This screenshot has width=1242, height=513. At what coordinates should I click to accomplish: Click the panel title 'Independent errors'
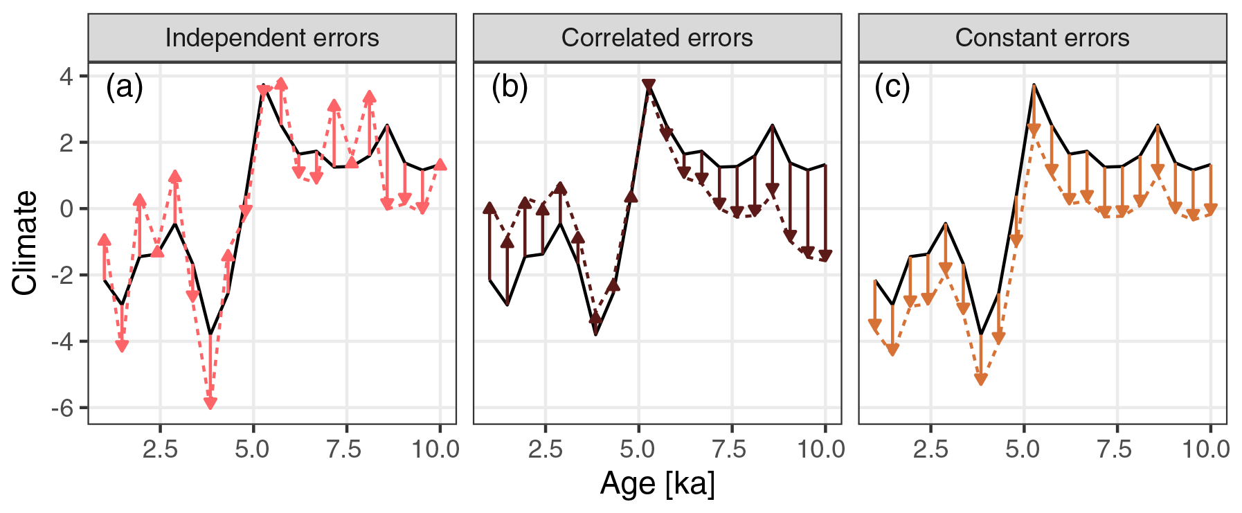tap(272, 37)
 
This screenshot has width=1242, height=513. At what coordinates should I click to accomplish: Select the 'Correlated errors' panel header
tap(657, 37)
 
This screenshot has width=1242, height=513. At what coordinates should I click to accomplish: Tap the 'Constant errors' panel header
tap(1042, 37)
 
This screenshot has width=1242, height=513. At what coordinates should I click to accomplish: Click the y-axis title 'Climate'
tap(25, 242)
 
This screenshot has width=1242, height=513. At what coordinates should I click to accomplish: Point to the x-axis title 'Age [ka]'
tap(657, 483)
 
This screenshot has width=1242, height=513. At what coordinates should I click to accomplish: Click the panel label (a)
tap(125, 88)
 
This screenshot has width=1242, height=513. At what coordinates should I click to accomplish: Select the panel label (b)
tap(510, 88)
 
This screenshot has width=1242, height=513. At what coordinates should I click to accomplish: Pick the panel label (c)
tap(892, 88)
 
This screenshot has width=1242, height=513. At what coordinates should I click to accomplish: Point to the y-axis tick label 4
tap(66, 75)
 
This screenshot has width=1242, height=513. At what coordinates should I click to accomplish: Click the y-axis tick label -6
tap(62, 408)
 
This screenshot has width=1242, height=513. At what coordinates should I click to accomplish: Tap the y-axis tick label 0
tap(66, 208)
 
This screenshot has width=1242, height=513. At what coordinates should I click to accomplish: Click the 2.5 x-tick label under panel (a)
tap(160, 449)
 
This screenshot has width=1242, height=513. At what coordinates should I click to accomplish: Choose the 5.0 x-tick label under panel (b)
tap(638, 449)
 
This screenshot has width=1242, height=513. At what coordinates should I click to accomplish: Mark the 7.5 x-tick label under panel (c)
tap(1115, 449)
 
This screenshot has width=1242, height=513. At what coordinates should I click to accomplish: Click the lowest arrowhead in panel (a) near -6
tap(210, 402)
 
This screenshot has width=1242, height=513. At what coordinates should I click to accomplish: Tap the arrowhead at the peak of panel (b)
tap(649, 86)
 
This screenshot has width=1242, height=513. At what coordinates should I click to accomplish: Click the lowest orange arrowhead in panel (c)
tap(980, 378)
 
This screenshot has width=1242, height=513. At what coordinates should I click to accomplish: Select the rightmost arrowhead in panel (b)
tap(825, 255)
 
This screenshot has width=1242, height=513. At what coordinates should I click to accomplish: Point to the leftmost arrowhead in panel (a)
tap(105, 240)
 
